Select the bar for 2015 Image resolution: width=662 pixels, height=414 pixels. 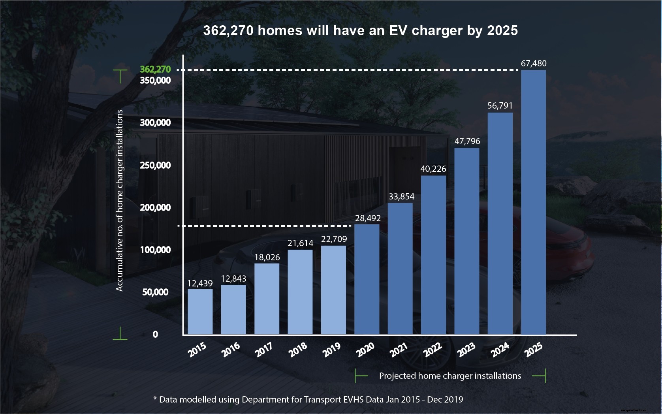tap(200, 312)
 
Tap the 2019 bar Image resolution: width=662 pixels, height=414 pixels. tap(333, 290)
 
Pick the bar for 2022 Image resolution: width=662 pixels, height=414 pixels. tap(433, 255)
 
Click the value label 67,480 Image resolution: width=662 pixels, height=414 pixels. tap(534, 63)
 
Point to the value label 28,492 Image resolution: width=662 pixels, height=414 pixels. tap(368, 218)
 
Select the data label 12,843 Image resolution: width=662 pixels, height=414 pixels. tap(233, 279)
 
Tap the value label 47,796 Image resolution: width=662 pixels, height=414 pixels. tap(467, 141)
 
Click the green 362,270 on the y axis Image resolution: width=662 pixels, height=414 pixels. tap(155, 69)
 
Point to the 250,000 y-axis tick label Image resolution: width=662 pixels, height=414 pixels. tap(155, 165)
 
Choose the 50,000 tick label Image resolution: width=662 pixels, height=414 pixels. tap(155, 292)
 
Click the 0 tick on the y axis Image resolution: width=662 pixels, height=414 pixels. tap(155, 334)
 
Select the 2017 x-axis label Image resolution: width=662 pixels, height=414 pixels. tap(264, 350)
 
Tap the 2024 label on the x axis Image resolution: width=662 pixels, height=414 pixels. tap(500, 350)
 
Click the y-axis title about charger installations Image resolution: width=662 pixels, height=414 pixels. tap(119, 200)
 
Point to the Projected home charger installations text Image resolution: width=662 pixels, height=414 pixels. tap(450, 376)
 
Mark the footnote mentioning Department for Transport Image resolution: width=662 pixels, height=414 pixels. tap(308, 399)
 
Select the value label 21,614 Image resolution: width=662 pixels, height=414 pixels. tap(300, 243)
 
